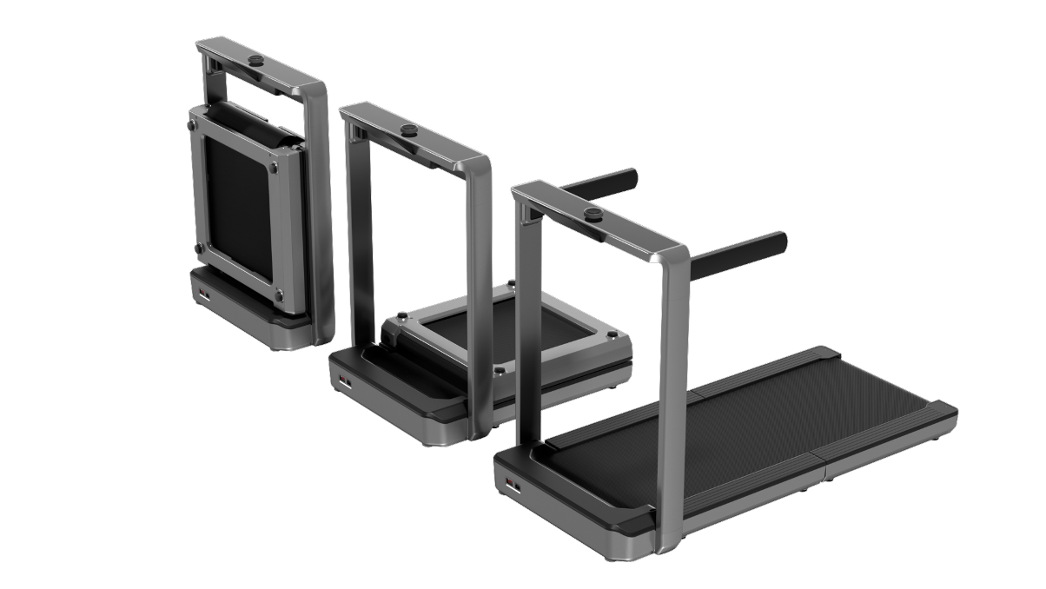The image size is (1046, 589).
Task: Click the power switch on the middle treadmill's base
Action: click(x=343, y=381)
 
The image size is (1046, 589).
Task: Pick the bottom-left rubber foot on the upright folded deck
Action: click(x=199, y=249)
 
